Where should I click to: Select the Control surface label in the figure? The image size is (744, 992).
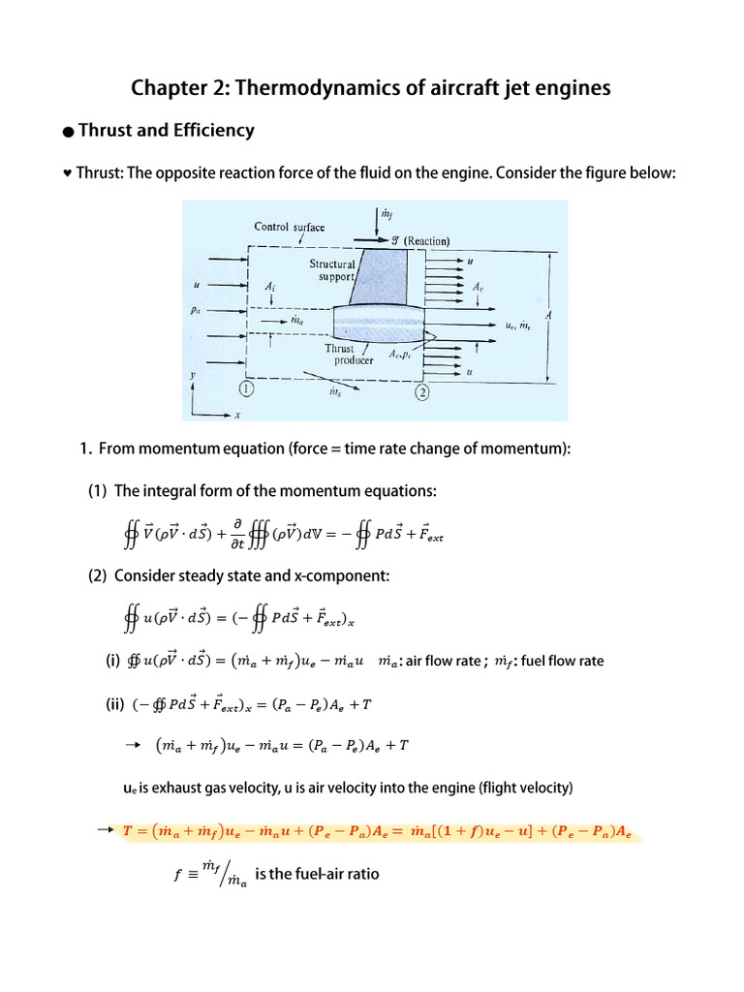pyautogui.click(x=289, y=227)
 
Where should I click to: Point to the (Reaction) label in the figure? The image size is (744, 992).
pyautogui.click(x=427, y=241)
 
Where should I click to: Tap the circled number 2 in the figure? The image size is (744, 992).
pyautogui.click(x=422, y=392)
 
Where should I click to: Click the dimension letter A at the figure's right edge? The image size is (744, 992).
pyautogui.click(x=549, y=315)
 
